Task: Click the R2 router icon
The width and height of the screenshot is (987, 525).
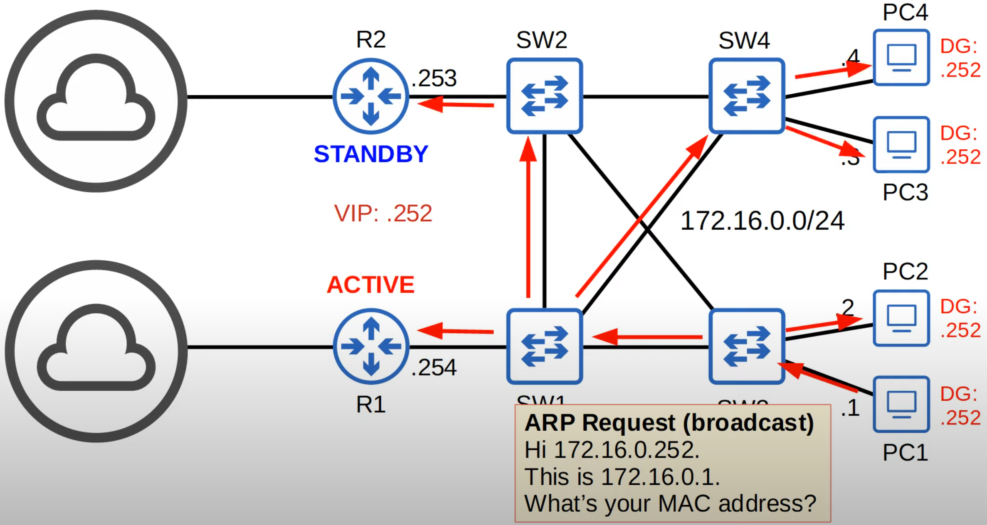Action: point(371,96)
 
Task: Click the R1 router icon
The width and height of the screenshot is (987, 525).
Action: point(371,346)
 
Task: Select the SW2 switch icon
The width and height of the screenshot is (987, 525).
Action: point(544,96)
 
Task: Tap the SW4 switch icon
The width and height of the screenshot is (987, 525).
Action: point(747,96)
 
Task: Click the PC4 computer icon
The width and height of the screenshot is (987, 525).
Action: point(901,57)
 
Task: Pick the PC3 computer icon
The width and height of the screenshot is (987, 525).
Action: point(901,145)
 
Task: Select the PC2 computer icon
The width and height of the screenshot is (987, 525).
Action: point(901,318)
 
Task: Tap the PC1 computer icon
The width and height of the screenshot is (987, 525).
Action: point(901,404)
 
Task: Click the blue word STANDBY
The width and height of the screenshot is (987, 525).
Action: point(371,154)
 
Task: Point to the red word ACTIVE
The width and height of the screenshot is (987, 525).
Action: point(370,285)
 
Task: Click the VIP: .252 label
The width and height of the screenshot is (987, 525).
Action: point(383,213)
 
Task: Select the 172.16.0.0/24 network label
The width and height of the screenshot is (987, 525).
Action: point(762,221)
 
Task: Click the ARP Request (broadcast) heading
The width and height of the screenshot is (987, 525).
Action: point(669,423)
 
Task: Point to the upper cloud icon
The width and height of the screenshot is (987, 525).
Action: point(96,101)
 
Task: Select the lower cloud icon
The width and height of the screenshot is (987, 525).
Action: point(96,351)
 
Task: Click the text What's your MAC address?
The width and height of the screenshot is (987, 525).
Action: point(670,503)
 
